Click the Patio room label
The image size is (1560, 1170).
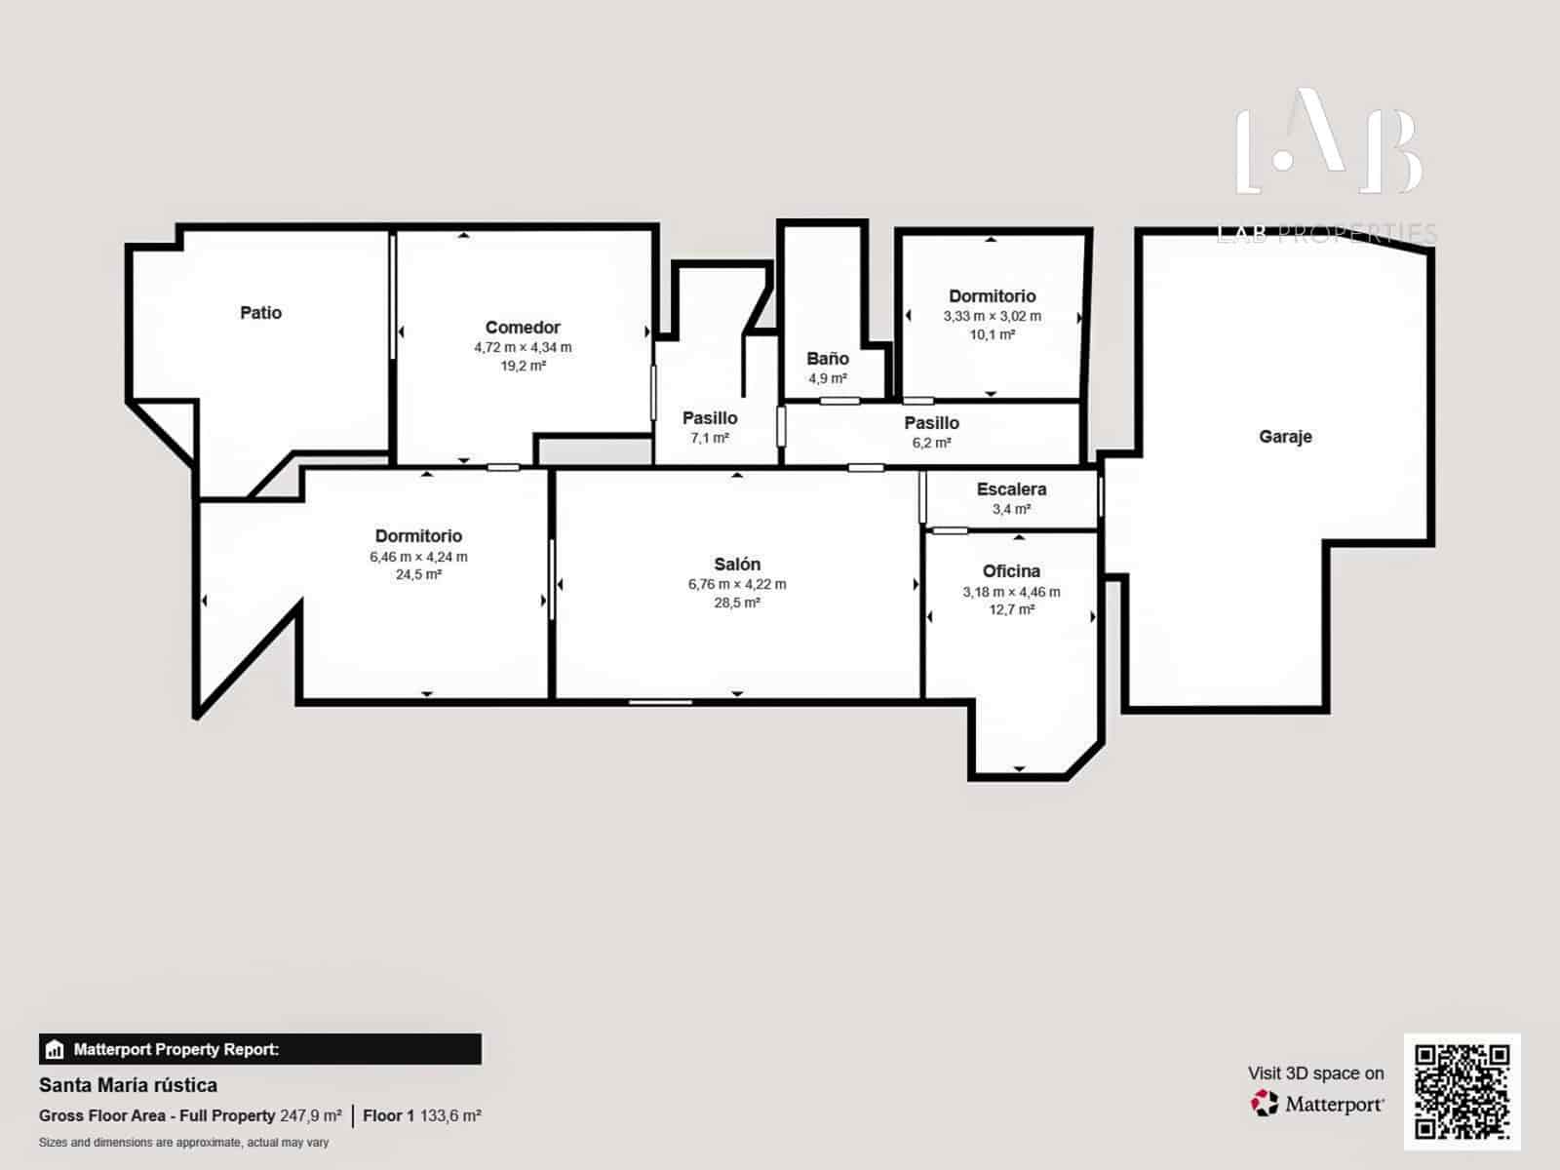(260, 313)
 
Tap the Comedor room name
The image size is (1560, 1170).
(523, 328)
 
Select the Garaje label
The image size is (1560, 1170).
(1285, 437)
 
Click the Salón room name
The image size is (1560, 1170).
(737, 565)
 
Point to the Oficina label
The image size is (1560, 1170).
(1011, 571)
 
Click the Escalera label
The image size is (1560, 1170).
(1011, 489)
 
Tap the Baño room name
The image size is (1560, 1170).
(827, 359)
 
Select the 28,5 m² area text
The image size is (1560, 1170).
(737, 603)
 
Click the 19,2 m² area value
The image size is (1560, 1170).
(523, 366)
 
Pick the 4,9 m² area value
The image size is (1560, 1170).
(827, 378)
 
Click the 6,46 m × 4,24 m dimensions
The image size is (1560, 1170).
(418, 557)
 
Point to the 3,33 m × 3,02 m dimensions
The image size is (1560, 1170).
(992, 316)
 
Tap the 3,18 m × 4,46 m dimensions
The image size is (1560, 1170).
(1011, 592)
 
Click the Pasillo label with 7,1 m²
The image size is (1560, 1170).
(710, 418)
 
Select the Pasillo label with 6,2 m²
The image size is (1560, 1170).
(931, 423)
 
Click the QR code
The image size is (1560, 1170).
(1462, 1091)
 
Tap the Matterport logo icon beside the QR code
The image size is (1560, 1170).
(1265, 1104)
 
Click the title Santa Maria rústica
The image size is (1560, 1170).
(128, 1085)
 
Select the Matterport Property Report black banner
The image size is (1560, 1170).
(259, 1049)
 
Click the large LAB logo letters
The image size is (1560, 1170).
(1328, 142)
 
